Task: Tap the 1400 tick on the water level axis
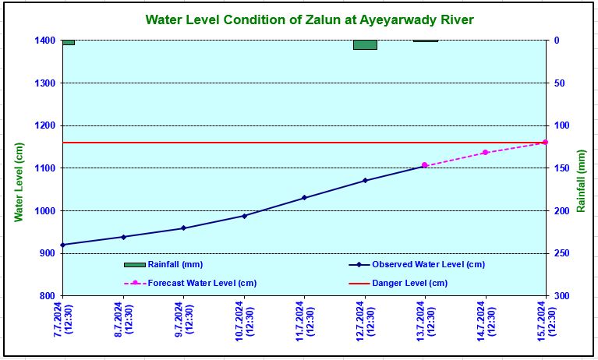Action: (44, 41)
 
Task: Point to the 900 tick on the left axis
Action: (47, 253)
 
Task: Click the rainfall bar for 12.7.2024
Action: (365, 44)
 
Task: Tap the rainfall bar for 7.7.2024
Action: (69, 42)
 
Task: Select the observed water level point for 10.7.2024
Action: (244, 216)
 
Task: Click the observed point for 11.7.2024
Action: (304, 198)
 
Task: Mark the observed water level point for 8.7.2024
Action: (123, 237)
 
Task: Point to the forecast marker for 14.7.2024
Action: (485, 153)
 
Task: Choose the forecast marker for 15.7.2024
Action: (545, 143)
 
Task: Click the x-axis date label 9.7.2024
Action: (184, 323)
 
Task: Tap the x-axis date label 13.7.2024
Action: (426, 323)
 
